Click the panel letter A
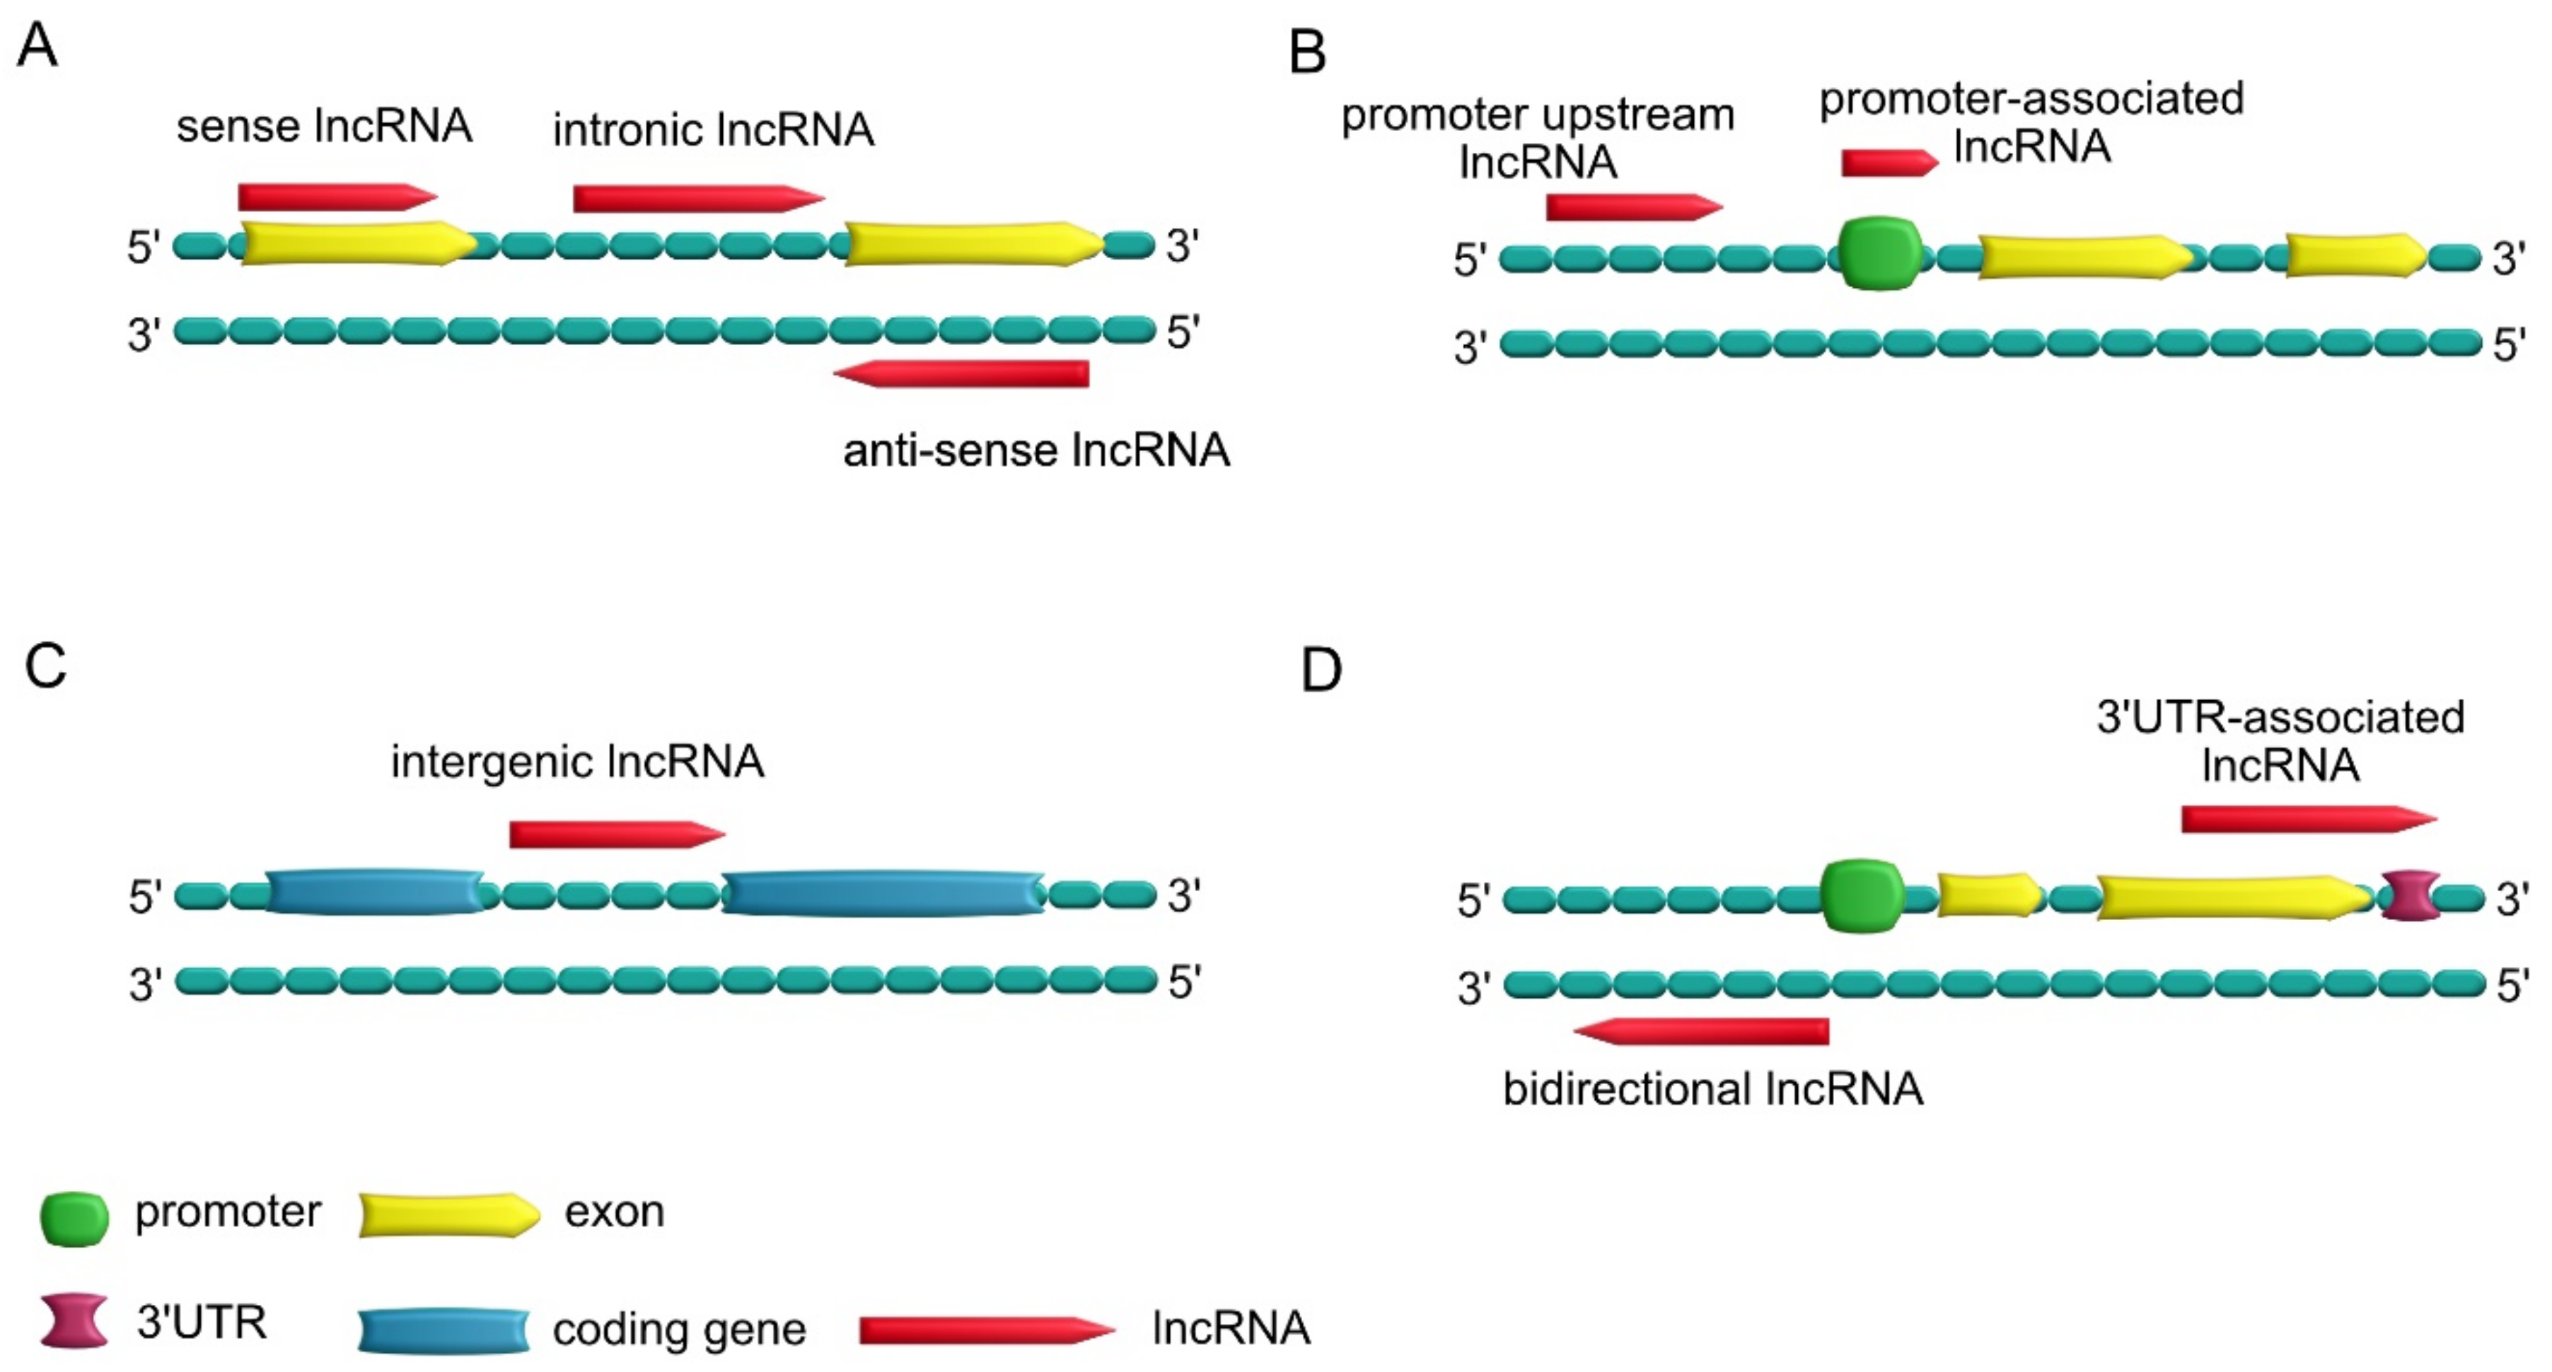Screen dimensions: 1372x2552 (x=37, y=45)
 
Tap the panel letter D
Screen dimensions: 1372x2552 (x=1321, y=670)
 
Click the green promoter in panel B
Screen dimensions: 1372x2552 (x=1879, y=255)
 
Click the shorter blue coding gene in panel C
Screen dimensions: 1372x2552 (x=374, y=893)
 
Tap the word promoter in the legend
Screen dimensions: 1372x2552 (x=228, y=1212)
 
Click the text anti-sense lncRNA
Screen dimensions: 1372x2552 (x=1036, y=450)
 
